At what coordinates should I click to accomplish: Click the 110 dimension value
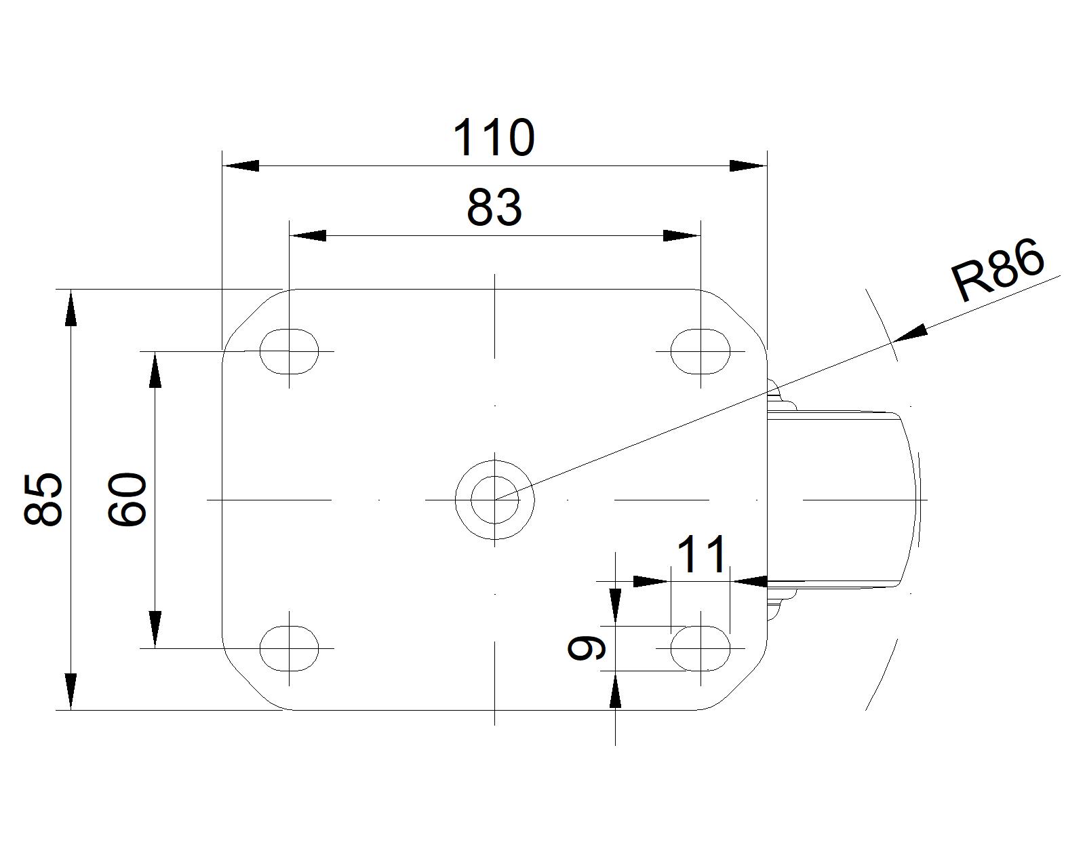(494, 138)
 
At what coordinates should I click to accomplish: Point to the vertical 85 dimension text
(44, 499)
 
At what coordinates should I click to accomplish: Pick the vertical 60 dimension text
(127, 499)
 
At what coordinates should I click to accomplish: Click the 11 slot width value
(703, 554)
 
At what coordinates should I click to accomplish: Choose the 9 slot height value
(587, 648)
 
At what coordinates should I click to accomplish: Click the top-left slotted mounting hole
(290, 351)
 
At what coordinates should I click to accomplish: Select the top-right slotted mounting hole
(700, 351)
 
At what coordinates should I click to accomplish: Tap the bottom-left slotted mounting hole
(290, 648)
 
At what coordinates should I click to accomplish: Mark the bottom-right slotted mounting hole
(700, 648)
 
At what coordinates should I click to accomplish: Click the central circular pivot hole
(495, 500)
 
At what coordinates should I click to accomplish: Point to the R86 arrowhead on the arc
(912, 332)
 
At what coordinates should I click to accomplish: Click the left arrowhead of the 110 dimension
(241, 165)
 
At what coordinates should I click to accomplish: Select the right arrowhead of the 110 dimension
(747, 165)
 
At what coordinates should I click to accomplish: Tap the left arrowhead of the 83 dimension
(308, 235)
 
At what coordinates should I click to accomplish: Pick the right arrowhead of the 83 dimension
(681, 235)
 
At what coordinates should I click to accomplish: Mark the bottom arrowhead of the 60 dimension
(155, 629)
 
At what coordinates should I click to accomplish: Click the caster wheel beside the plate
(841, 499)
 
